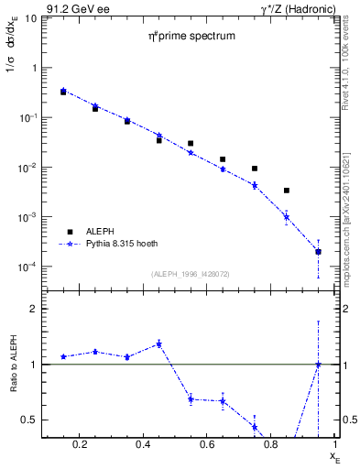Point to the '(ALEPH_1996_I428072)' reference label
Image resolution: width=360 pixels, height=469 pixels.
tap(191, 272)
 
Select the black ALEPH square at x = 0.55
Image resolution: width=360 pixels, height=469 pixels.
tap(191, 144)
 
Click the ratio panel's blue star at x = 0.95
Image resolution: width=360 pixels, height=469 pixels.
tap(318, 365)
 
